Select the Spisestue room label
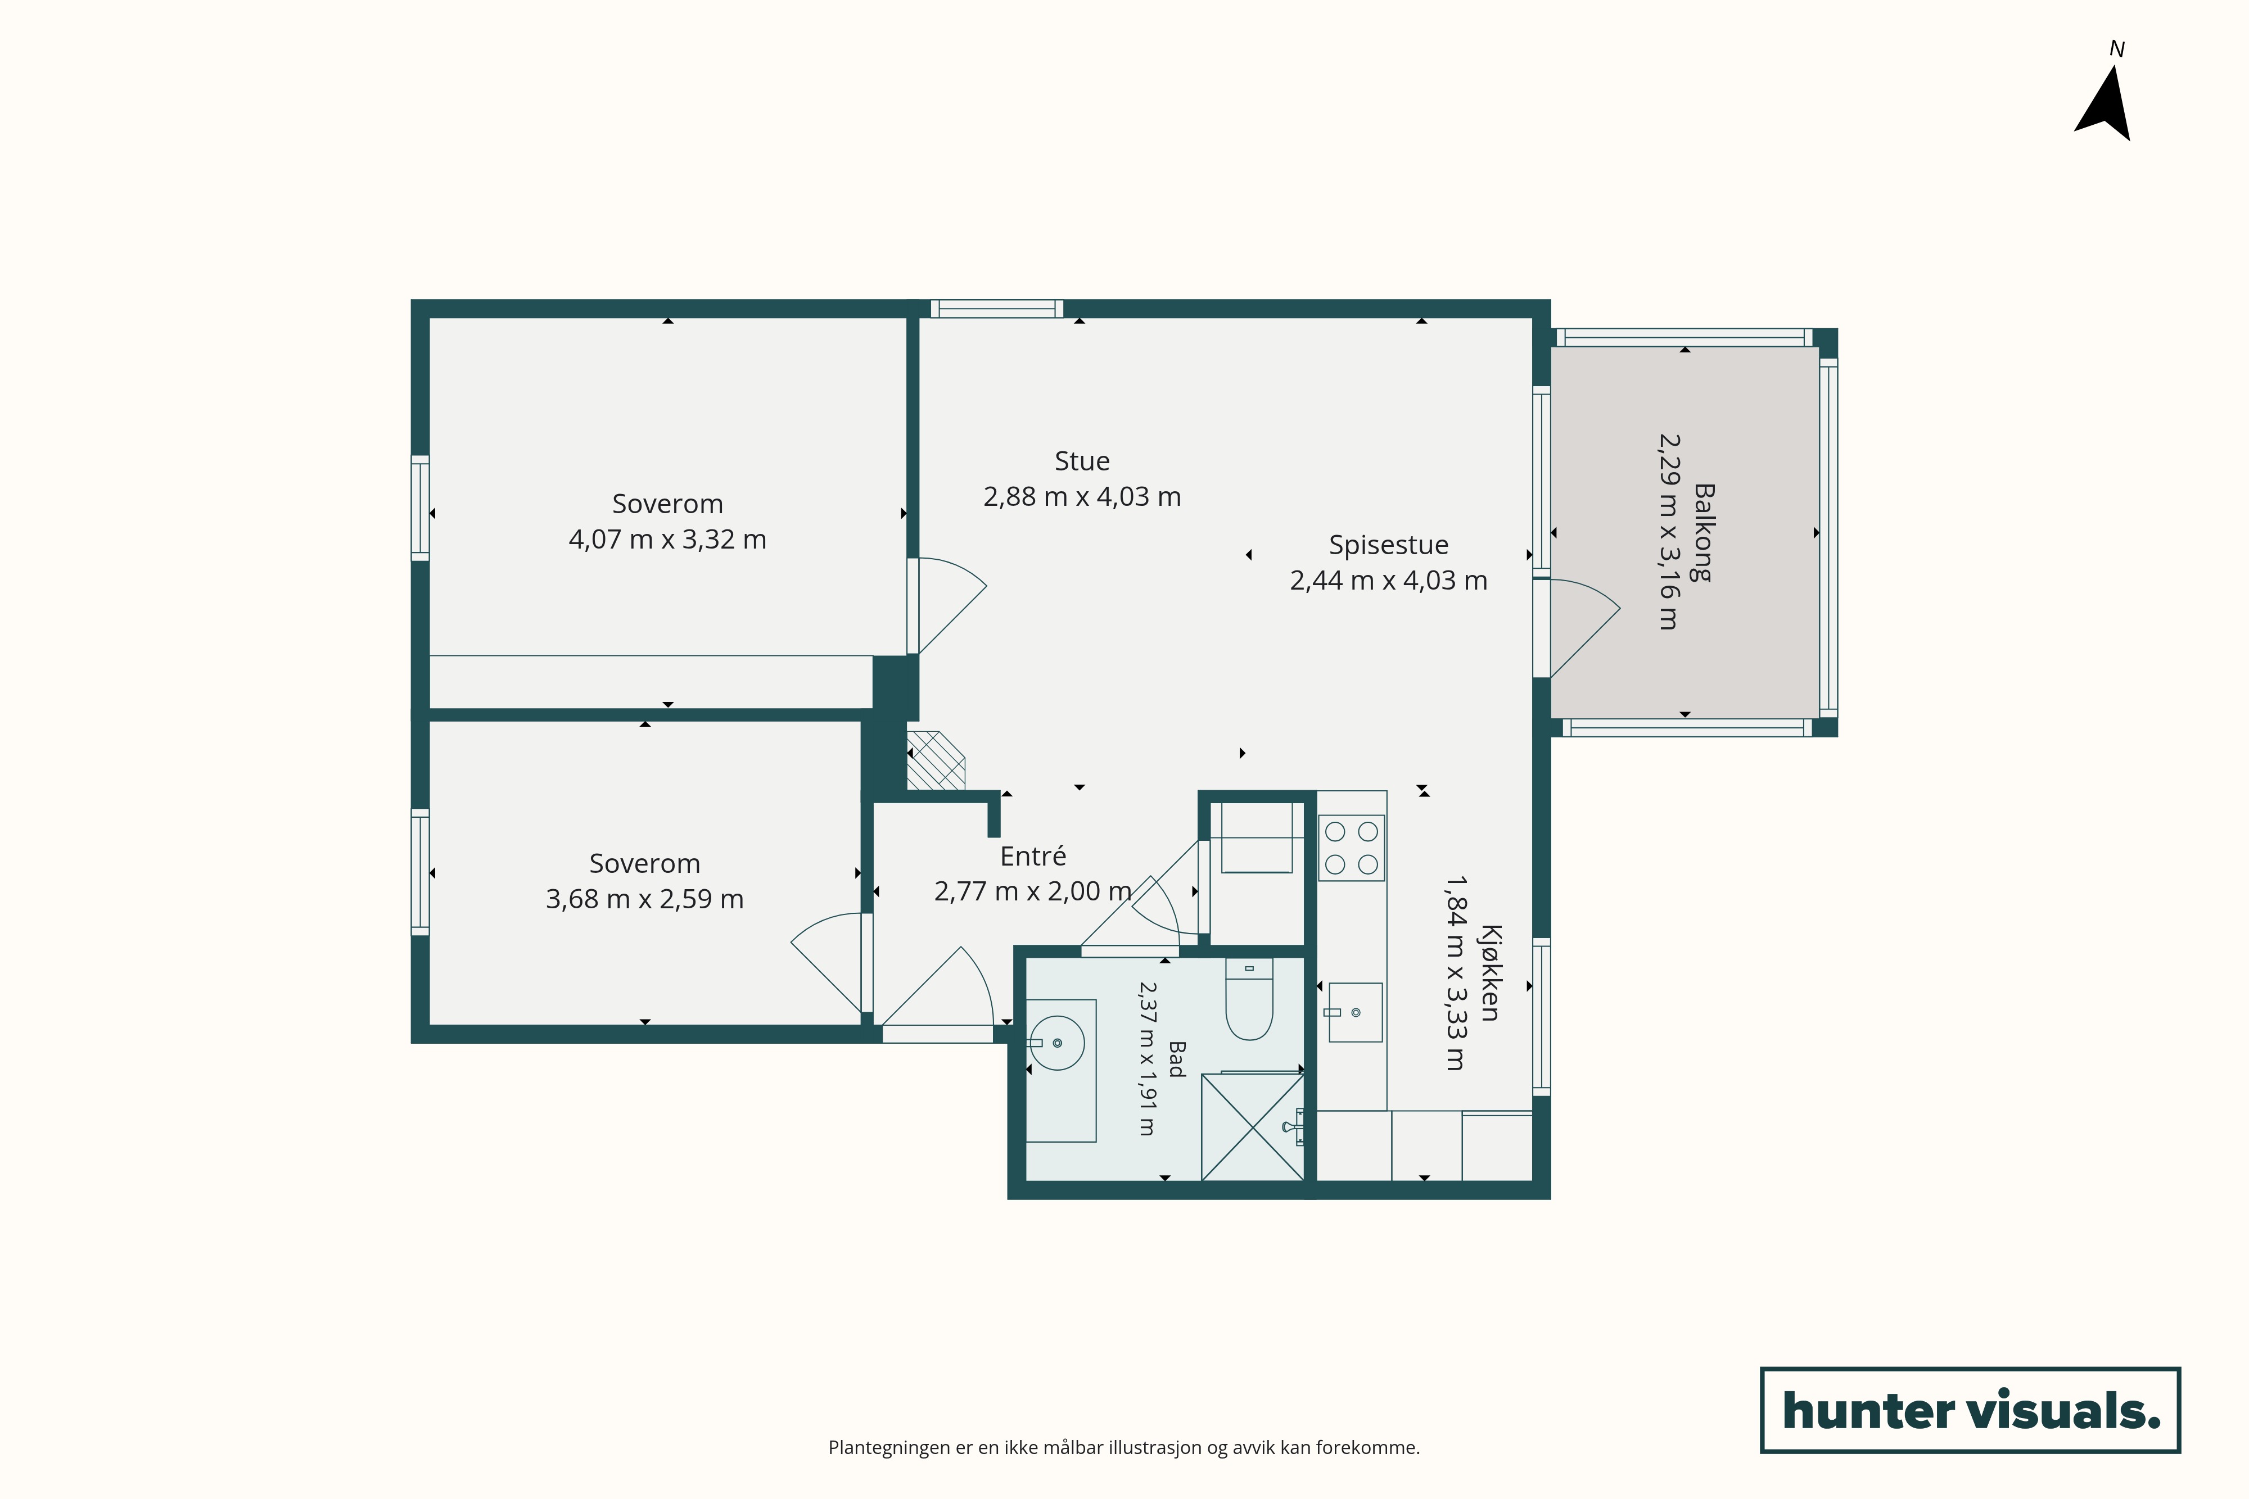(1388, 545)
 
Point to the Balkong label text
(1703, 532)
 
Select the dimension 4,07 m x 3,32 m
(667, 539)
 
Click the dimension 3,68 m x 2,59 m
(644, 899)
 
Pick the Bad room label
(1177, 1059)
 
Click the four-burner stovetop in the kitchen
(1351, 848)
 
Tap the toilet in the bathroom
(1249, 999)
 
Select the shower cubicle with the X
(1253, 1127)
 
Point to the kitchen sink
(1355, 1012)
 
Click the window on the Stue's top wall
(996, 308)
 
